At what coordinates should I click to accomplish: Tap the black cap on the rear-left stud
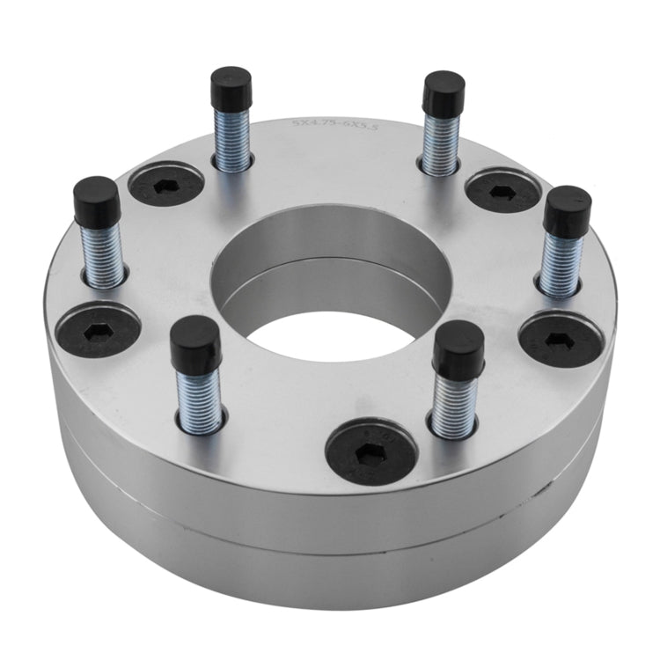(x=231, y=88)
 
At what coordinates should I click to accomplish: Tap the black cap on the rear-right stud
(x=444, y=93)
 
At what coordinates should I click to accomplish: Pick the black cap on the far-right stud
(x=568, y=211)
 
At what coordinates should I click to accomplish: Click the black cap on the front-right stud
(x=458, y=349)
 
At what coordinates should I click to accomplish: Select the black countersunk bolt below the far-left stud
(x=98, y=326)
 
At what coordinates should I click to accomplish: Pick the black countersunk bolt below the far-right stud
(x=561, y=339)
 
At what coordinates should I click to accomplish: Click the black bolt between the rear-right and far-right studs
(x=502, y=191)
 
